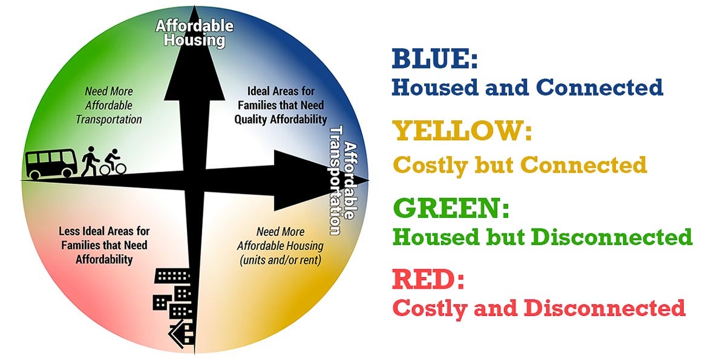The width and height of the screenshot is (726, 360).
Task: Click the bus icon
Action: [51, 164]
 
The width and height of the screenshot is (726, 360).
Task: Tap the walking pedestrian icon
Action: [90, 162]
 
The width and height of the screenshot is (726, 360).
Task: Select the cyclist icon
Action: [113, 162]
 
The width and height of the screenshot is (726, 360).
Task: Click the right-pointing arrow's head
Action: [321, 180]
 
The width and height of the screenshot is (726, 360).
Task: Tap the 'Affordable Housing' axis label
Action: [194, 33]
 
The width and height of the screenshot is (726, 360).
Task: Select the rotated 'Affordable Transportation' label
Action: [344, 180]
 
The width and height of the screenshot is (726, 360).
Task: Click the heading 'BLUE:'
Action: [434, 59]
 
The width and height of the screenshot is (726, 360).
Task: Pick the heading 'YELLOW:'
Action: [462, 131]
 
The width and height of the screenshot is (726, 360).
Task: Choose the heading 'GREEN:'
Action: [451, 208]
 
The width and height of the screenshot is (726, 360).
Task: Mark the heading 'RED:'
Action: [428, 279]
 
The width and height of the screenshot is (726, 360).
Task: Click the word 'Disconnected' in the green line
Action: [612, 237]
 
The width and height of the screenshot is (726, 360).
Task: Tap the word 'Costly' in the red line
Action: [430, 309]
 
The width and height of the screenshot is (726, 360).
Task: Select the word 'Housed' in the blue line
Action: [435, 87]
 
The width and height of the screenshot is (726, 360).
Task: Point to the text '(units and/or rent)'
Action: [280, 260]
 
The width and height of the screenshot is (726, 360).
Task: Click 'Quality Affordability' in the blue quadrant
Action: [281, 119]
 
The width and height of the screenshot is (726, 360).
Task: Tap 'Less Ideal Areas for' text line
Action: [104, 231]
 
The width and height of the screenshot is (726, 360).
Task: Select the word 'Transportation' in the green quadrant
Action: [109, 119]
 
